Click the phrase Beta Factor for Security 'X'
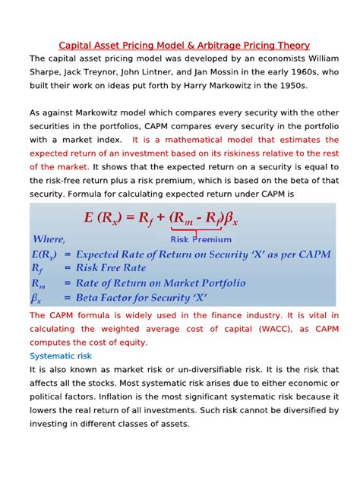click(x=144, y=298)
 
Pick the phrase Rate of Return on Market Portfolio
click(x=159, y=283)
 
